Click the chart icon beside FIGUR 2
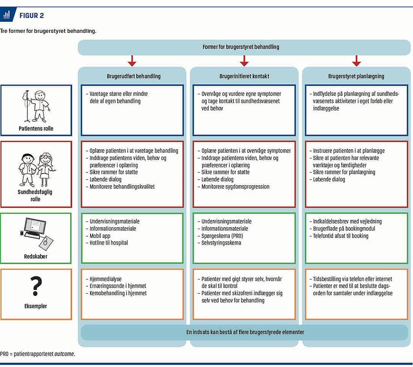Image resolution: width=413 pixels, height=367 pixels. [7, 14]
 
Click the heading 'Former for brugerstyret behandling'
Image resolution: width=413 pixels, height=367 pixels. [241, 47]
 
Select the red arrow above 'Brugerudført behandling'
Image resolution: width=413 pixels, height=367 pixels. [132, 61]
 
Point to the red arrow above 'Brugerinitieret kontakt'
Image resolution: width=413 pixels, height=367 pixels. [244, 61]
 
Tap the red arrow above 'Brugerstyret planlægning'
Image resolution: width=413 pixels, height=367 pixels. [356, 61]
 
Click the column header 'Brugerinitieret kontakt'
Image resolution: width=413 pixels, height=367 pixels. [244, 76]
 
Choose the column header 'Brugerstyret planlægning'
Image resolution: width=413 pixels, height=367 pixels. [356, 76]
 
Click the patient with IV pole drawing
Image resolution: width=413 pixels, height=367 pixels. [36, 106]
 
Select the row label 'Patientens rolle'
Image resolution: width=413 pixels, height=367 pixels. [36, 128]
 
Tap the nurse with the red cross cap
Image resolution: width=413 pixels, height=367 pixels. [46, 169]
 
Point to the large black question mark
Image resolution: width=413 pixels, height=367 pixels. [36, 286]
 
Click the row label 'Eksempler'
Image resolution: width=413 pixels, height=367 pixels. [36, 306]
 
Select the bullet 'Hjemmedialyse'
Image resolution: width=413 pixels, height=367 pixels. [104, 279]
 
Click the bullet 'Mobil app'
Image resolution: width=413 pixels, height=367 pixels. [98, 236]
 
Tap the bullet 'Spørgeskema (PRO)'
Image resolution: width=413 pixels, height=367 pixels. [220, 236]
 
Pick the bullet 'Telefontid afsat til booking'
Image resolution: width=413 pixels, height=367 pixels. [339, 236]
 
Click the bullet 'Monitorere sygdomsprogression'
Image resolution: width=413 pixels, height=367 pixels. [234, 187]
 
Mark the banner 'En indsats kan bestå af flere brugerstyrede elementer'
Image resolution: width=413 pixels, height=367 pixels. [245, 332]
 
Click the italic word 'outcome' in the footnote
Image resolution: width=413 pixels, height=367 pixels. [64, 354]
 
